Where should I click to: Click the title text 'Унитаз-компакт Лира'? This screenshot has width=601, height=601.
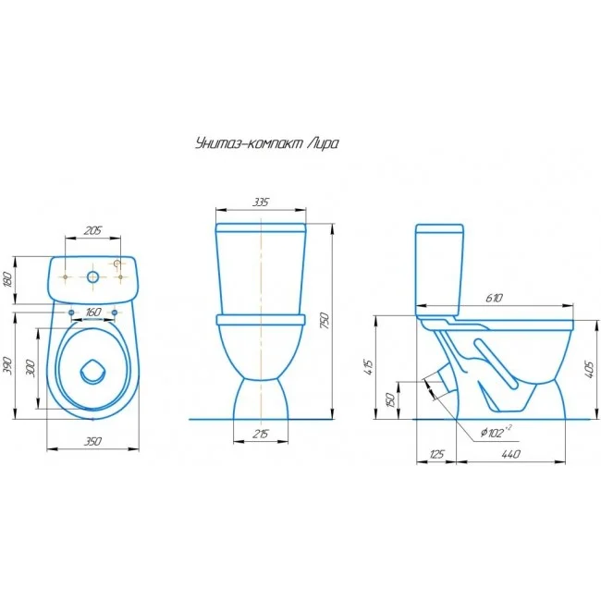267,144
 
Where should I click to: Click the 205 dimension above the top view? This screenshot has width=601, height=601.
92,231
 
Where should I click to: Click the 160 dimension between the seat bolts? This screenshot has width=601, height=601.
92,313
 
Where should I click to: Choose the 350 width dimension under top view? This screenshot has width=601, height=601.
92,442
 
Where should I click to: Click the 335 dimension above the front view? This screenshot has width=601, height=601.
261,202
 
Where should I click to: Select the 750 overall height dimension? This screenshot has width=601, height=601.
325,322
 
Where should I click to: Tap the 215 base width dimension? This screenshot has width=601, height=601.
261,434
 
